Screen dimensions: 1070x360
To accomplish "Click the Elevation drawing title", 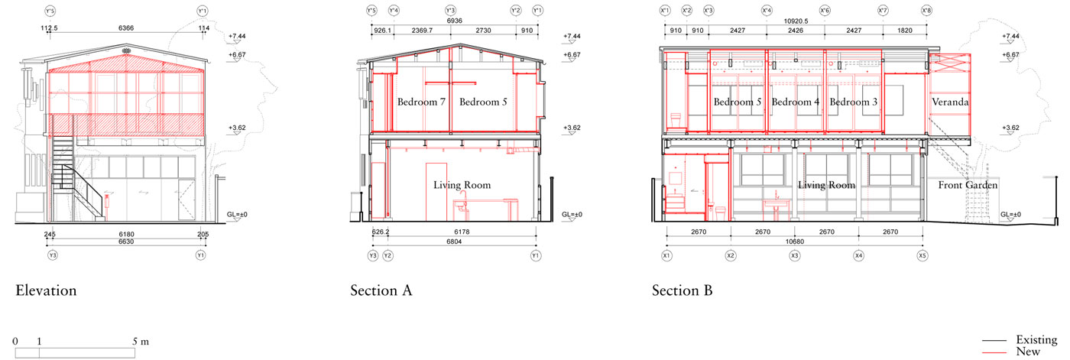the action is pyautogui.click(x=46, y=290).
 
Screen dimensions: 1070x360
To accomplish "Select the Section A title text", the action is pyautogui.click(x=381, y=290).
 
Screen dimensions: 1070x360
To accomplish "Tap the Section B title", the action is pyautogui.click(x=682, y=290).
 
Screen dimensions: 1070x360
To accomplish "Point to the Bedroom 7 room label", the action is pyautogui.click(x=421, y=102).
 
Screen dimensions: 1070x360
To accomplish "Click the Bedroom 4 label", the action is pyautogui.click(x=796, y=102).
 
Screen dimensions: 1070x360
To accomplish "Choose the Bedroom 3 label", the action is pyautogui.click(x=854, y=102).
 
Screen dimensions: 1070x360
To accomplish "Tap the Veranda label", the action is pyautogui.click(x=950, y=102).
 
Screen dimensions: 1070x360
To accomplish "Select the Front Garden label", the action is pyautogui.click(x=968, y=185).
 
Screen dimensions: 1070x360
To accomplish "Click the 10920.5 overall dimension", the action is pyautogui.click(x=796, y=21).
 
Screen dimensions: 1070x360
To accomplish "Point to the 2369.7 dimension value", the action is pyautogui.click(x=422, y=30).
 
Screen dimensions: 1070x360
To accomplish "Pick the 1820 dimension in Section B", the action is pyautogui.click(x=905, y=30).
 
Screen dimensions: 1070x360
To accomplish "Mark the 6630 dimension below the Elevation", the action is pyautogui.click(x=126, y=242).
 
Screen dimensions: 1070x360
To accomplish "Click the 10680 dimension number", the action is pyautogui.click(x=795, y=242).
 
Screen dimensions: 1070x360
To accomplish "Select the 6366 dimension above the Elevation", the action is pyautogui.click(x=126, y=28).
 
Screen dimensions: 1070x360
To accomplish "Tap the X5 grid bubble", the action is pyautogui.click(x=922, y=255).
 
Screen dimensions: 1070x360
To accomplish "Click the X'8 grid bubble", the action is pyautogui.click(x=926, y=11).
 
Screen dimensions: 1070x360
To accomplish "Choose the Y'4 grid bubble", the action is pyautogui.click(x=394, y=11).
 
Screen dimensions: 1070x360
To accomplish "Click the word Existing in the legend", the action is pyautogui.click(x=1036, y=339).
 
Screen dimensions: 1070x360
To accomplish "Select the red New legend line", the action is pyautogui.click(x=995, y=352).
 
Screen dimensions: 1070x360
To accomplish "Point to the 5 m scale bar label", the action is pyautogui.click(x=141, y=342).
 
